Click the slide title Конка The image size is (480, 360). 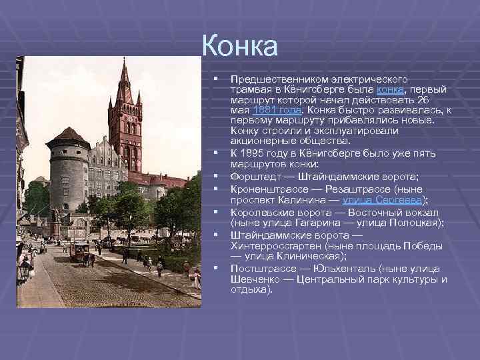pyautogui.click(x=239, y=46)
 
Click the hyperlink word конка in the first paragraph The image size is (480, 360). pyautogui.click(x=389, y=90)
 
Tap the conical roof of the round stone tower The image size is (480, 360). pyautogui.click(x=69, y=136)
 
